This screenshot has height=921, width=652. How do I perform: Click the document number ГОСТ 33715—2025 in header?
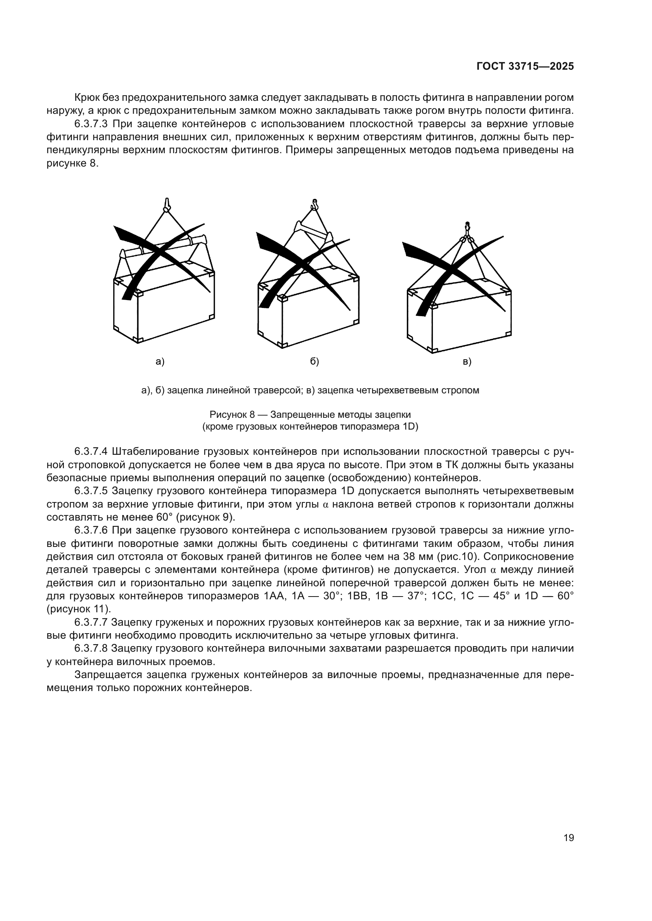(x=525, y=67)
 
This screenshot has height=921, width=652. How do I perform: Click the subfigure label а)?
(x=160, y=362)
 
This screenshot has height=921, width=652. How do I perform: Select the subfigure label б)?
(x=314, y=362)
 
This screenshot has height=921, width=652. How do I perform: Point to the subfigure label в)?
(x=467, y=362)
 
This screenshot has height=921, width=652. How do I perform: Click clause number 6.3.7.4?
(x=91, y=452)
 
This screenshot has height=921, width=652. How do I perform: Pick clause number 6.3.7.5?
(x=91, y=491)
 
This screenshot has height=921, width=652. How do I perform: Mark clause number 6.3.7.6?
(x=91, y=530)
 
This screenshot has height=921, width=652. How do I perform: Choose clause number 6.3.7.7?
(x=91, y=622)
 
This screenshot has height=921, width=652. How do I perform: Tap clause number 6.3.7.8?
(x=91, y=648)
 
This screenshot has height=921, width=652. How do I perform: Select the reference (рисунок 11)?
(x=79, y=609)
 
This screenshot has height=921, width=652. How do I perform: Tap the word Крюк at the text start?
(x=86, y=98)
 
